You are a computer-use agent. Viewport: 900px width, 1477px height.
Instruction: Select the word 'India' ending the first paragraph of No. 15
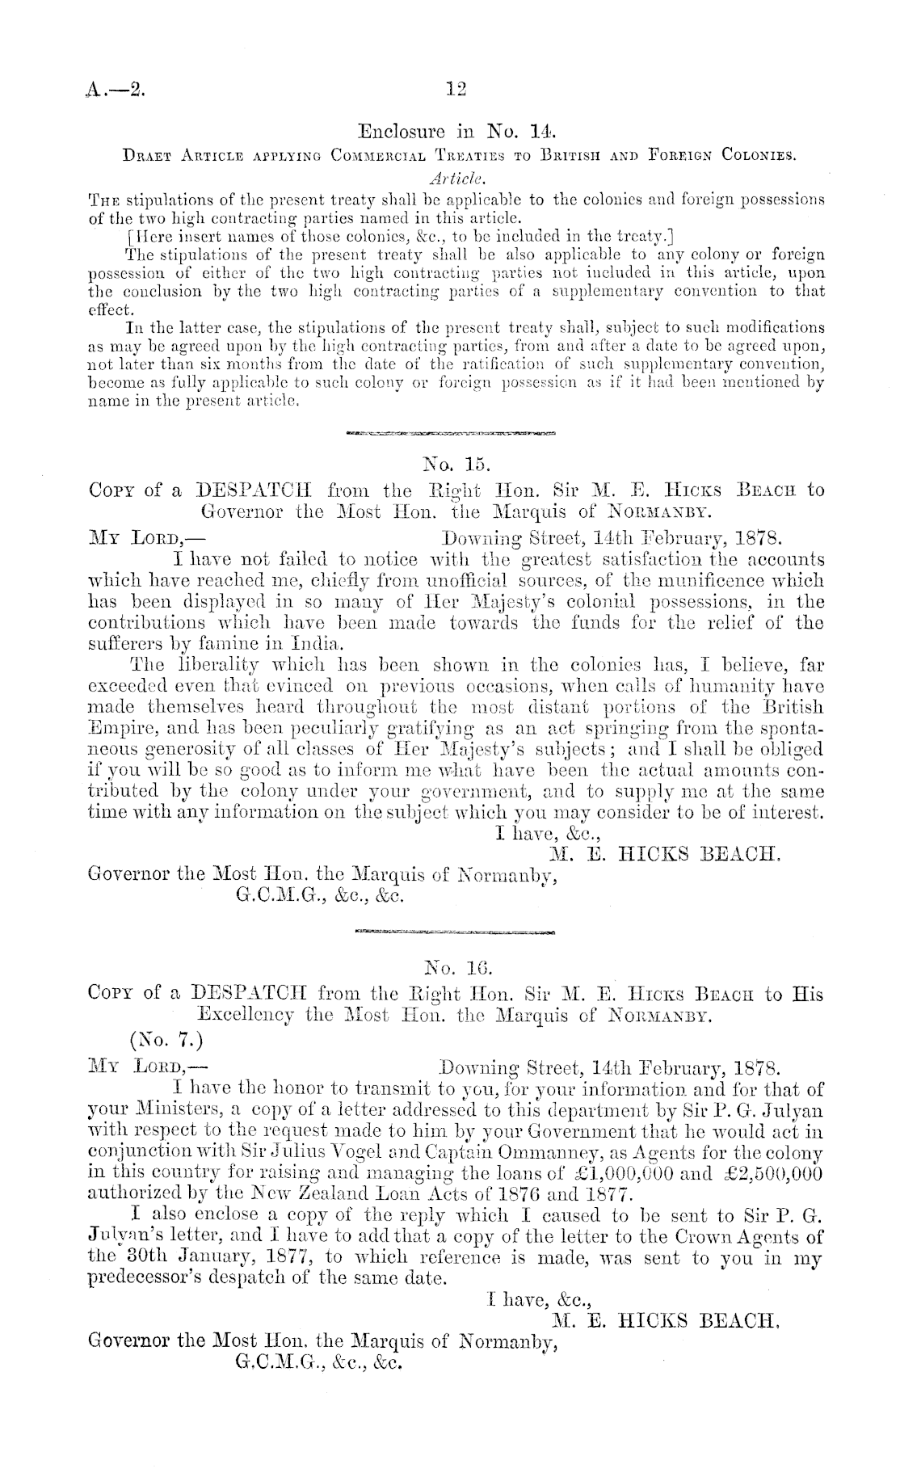[x=321, y=644]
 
